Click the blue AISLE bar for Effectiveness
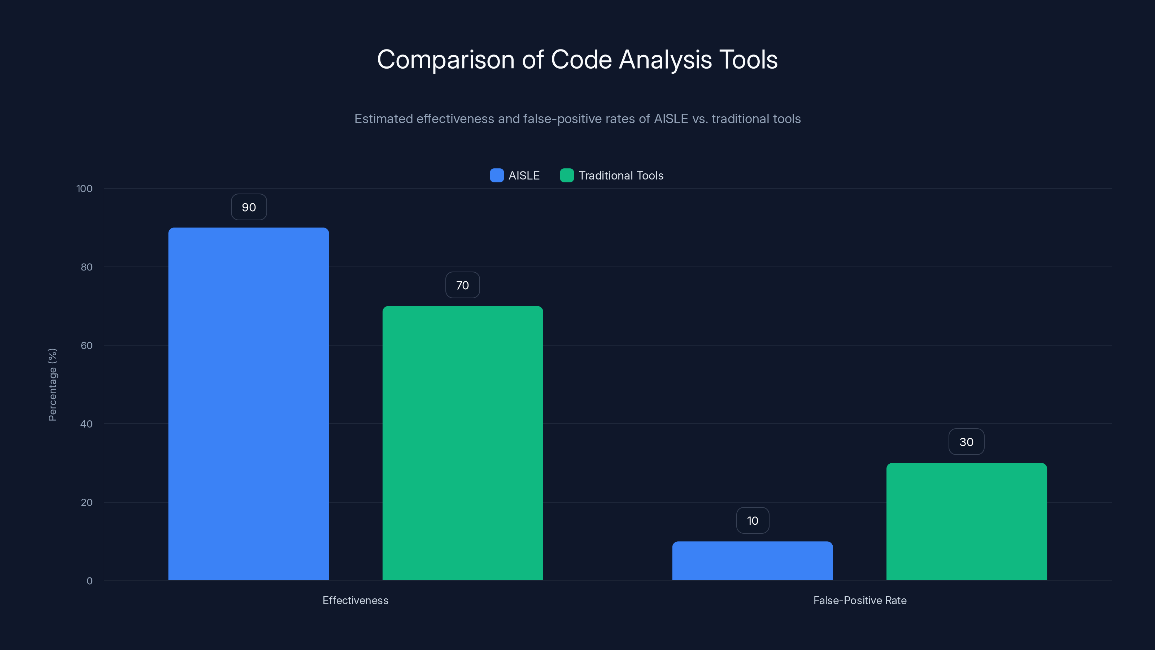(x=248, y=404)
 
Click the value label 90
(x=249, y=207)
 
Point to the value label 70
(x=462, y=285)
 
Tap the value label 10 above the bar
(x=752, y=521)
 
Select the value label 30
(x=966, y=442)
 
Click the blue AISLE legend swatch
(x=497, y=175)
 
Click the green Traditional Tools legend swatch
(x=567, y=175)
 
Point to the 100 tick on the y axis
(x=84, y=189)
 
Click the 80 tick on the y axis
(x=87, y=267)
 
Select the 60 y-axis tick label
(x=87, y=346)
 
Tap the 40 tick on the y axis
(x=87, y=424)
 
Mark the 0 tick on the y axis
(x=89, y=581)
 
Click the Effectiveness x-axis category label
(x=355, y=601)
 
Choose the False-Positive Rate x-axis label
(x=859, y=601)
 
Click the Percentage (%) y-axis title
(x=52, y=385)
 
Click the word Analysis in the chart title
(x=665, y=60)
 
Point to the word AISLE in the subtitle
(x=671, y=119)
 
